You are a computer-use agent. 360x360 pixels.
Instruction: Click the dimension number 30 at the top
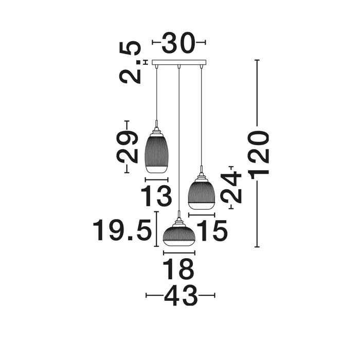178,43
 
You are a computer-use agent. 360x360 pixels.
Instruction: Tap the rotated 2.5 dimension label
130,62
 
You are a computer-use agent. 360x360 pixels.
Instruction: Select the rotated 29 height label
128,147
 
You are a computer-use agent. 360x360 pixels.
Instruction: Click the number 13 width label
156,196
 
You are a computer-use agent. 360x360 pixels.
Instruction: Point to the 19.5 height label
122,230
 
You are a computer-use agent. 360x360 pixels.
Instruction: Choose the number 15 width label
212,230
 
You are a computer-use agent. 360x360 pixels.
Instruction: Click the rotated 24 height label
231,187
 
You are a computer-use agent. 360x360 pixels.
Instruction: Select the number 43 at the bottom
181,296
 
